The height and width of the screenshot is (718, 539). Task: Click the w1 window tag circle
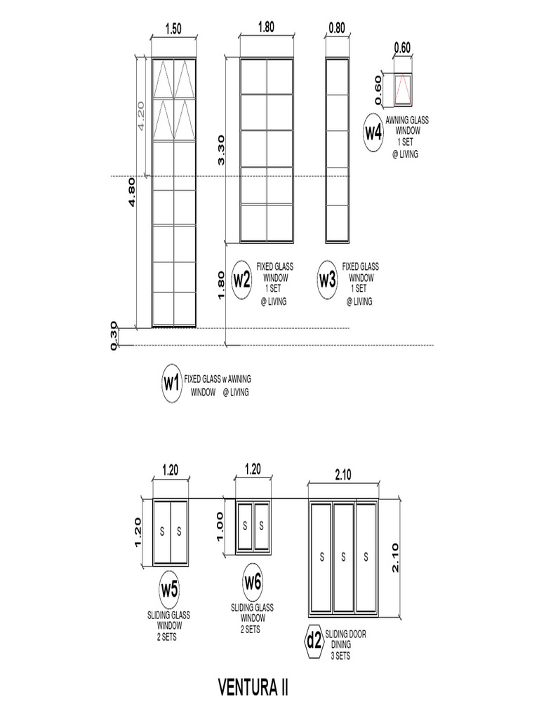171,383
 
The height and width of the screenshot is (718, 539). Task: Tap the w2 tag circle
241,280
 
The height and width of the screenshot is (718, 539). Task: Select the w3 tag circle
328,280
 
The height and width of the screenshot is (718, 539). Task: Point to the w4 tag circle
373,133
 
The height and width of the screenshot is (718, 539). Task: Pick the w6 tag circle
253,581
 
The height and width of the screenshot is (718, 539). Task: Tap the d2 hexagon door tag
313,639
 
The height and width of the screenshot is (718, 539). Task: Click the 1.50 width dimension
173,29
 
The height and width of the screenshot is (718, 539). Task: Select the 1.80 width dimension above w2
266,28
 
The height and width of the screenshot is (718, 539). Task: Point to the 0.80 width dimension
337,28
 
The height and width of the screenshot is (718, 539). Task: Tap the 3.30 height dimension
220,150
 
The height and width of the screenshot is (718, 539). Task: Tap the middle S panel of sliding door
343,557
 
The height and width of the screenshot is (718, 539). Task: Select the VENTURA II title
254,685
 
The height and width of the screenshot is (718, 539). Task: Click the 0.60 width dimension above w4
402,48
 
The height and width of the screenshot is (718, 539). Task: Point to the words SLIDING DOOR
345,634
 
